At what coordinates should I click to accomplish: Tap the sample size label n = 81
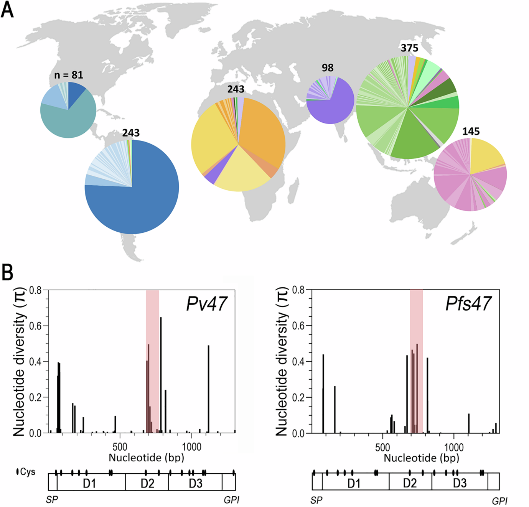pos(69,75)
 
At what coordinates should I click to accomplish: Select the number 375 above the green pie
pos(409,48)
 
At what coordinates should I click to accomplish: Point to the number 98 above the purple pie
pos(327,68)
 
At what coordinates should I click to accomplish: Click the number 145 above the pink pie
pos(471,132)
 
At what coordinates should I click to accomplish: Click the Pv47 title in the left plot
pos(206,304)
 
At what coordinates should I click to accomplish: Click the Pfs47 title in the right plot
pos(468,304)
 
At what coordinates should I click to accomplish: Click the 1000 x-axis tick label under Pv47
pos(191,447)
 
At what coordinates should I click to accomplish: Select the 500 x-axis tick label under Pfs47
pos(382,447)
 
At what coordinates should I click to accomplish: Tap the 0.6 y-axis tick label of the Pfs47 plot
pos(298,326)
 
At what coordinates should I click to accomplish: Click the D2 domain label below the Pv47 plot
pos(147,483)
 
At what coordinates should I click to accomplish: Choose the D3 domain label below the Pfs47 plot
pos(460,483)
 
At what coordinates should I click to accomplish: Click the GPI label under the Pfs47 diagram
pos(499,500)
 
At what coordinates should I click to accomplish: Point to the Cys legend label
pos(27,472)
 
